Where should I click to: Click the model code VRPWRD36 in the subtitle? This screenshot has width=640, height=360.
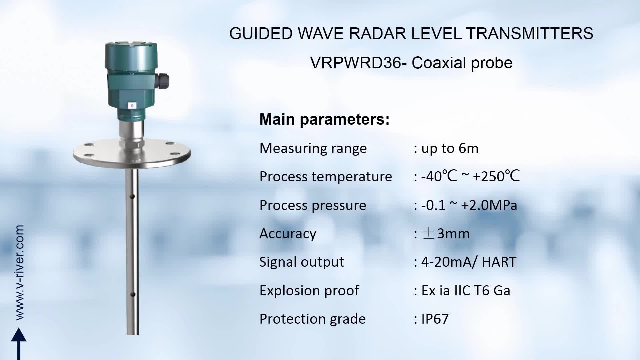356,63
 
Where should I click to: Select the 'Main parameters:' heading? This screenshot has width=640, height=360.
324,119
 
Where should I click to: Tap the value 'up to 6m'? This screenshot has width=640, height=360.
450,148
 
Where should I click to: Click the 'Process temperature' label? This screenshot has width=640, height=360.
326,177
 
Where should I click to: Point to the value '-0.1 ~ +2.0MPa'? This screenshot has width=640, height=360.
469,205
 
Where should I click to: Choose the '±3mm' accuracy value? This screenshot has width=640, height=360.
446,234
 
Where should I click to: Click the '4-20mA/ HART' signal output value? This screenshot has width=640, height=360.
469,262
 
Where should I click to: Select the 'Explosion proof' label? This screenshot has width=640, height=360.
309,291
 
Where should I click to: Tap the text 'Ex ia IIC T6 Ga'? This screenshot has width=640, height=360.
466,291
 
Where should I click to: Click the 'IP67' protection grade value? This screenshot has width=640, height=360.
435,319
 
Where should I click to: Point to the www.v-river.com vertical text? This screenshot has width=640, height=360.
19,273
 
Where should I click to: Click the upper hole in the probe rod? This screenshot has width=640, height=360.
132,196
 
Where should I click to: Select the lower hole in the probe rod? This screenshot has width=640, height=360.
132,295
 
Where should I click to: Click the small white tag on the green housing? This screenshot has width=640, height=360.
132,105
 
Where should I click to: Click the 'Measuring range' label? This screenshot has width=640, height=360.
313,148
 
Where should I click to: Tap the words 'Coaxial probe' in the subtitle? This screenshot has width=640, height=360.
462,63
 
